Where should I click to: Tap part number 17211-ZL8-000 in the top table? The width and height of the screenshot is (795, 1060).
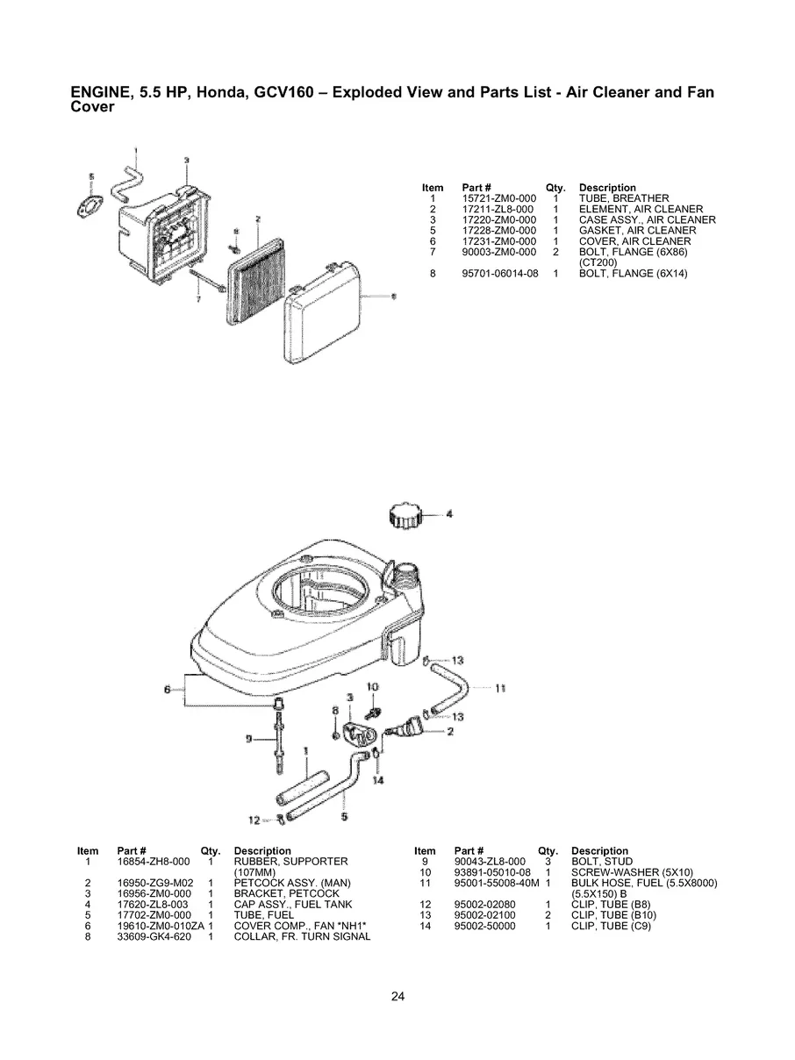498,210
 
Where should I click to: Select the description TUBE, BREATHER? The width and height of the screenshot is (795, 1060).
623,199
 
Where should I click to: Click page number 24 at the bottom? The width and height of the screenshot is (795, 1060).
397,997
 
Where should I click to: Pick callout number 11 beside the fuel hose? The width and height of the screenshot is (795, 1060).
500,688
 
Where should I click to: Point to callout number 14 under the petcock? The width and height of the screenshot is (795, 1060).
378,779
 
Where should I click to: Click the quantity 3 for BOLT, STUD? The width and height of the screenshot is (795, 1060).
548,862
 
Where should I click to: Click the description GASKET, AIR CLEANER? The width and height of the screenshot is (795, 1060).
637,231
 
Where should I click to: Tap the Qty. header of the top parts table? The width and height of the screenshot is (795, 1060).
555,188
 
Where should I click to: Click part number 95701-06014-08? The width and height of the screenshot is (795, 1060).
500,274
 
